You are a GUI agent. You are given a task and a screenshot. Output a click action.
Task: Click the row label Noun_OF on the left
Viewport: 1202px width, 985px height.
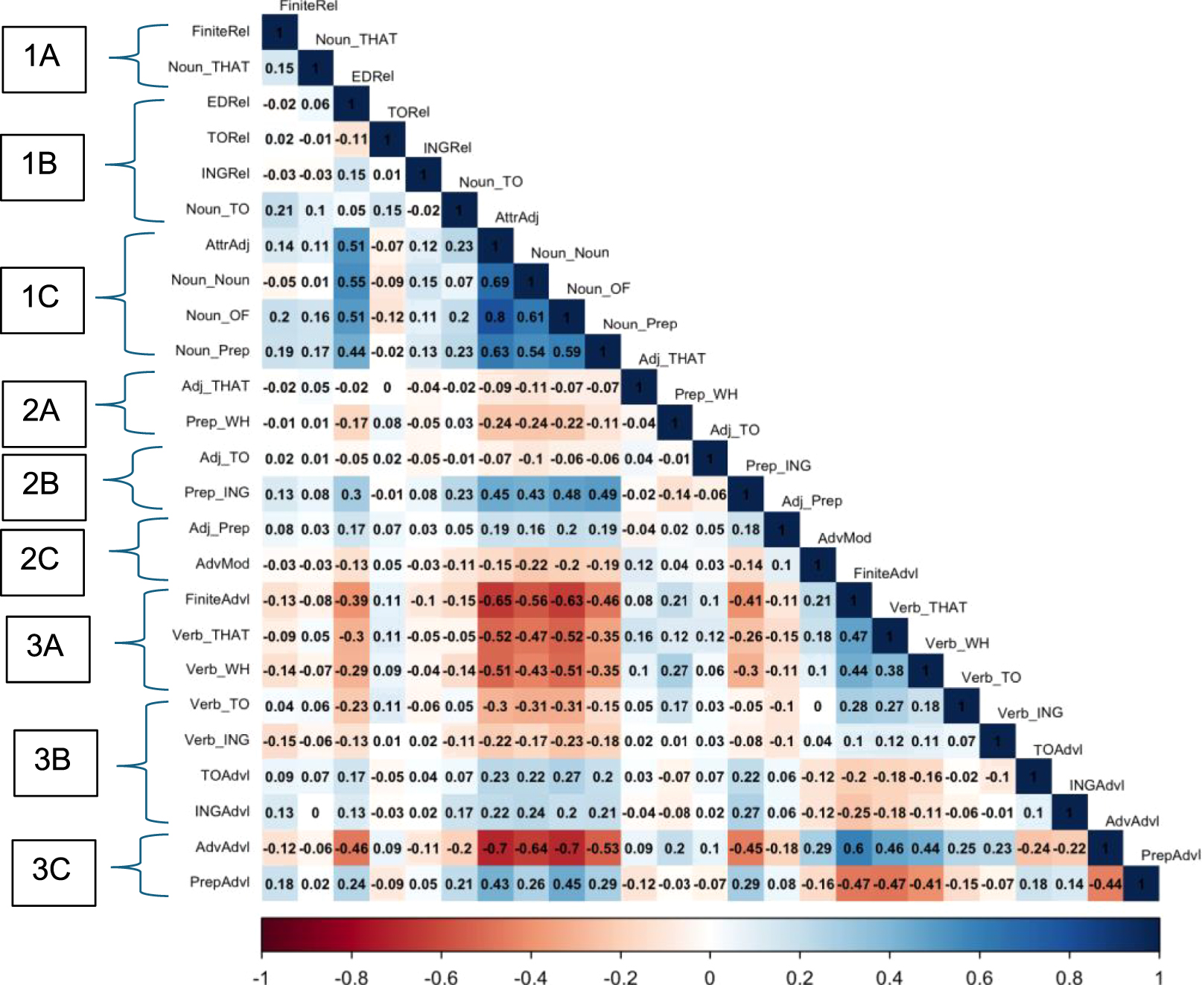tap(217, 316)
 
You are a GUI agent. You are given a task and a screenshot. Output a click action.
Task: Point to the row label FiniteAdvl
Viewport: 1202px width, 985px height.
tap(217, 599)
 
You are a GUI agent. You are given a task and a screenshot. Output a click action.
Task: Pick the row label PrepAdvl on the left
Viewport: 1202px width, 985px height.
tap(220, 882)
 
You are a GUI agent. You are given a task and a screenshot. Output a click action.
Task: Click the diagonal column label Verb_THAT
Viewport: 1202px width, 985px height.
tap(928, 608)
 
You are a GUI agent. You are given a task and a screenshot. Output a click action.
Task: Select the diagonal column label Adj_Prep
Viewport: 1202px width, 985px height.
tap(812, 501)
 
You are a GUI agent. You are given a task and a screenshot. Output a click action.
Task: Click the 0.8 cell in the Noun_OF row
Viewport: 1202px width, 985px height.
tap(495, 317)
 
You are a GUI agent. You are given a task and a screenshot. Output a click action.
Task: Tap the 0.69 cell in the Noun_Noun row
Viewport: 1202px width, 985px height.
tap(495, 282)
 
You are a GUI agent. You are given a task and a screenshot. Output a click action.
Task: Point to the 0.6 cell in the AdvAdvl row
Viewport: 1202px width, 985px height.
tap(853, 849)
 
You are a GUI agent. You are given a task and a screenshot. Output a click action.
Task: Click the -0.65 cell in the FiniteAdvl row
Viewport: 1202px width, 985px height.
tap(495, 601)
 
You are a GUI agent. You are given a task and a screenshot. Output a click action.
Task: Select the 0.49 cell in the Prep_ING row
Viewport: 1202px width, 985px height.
tap(602, 494)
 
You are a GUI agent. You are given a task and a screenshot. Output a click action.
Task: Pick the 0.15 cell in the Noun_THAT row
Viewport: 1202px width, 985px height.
tap(279, 68)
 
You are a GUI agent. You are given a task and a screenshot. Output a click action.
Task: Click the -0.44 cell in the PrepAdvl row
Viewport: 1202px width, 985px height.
tap(1105, 884)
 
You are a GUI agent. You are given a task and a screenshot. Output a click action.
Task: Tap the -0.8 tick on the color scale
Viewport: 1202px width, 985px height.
tap(352, 976)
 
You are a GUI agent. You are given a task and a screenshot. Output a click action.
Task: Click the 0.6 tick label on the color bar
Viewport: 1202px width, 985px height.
tap(979, 976)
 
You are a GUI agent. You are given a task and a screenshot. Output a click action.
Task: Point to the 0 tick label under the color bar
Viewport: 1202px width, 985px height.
tap(710, 976)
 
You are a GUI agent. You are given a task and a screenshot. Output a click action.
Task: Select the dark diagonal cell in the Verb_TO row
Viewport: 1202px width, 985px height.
tap(961, 706)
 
